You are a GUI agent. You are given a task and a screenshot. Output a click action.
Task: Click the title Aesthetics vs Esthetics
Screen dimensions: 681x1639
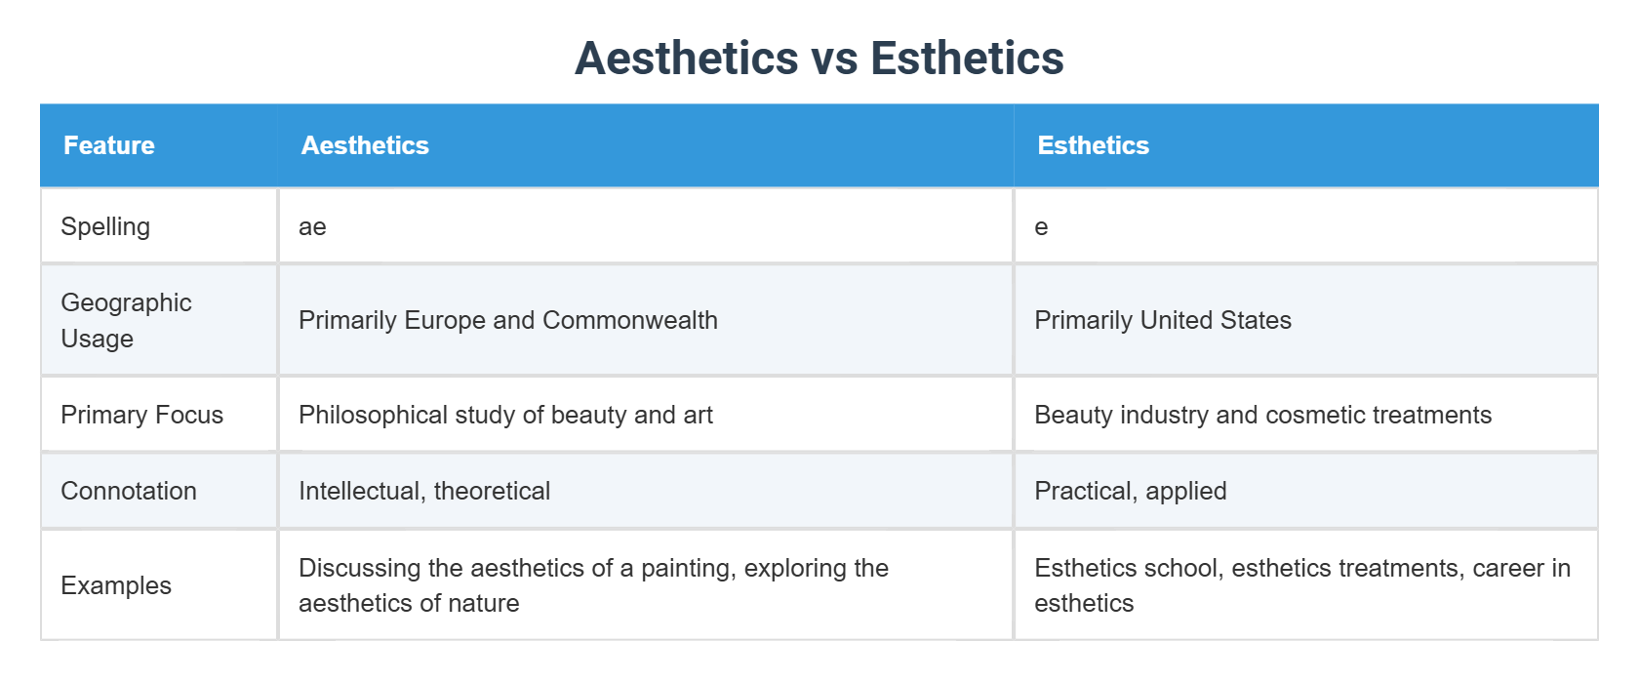(x=819, y=59)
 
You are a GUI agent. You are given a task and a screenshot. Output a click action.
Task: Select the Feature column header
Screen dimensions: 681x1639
(x=109, y=145)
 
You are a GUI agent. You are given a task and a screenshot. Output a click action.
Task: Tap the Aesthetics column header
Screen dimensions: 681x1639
(x=365, y=145)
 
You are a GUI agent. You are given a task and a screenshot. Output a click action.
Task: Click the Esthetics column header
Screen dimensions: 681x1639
(x=1093, y=145)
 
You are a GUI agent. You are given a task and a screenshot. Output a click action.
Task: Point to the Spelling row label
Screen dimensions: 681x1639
(x=105, y=226)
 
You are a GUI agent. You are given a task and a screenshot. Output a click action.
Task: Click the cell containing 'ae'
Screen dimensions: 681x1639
(x=312, y=227)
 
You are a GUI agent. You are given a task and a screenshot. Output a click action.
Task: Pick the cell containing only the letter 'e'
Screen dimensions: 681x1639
(x=1041, y=227)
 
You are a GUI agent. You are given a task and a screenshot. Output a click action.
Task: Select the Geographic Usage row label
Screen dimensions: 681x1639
(x=126, y=320)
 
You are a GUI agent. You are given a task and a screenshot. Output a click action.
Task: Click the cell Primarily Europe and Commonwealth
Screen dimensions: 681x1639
(x=507, y=320)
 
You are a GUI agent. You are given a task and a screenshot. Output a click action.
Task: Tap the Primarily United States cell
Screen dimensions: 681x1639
(x=1162, y=320)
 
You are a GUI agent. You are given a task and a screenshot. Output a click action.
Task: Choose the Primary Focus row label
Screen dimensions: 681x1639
(x=141, y=415)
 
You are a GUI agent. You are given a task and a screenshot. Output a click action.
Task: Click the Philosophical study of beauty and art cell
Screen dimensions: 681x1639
(x=505, y=415)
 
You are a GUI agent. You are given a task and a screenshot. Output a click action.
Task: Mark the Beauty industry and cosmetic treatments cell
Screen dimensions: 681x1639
(x=1262, y=415)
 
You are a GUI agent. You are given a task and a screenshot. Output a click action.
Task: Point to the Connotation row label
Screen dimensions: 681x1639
(x=129, y=491)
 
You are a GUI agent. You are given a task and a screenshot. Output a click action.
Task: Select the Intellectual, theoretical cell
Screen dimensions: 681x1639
(x=424, y=491)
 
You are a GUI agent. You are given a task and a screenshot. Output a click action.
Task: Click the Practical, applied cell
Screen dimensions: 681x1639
(x=1130, y=491)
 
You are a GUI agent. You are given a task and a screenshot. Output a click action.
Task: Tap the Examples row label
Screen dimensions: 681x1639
(x=116, y=585)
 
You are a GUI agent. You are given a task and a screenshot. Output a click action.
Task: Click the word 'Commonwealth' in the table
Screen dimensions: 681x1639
(x=629, y=320)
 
